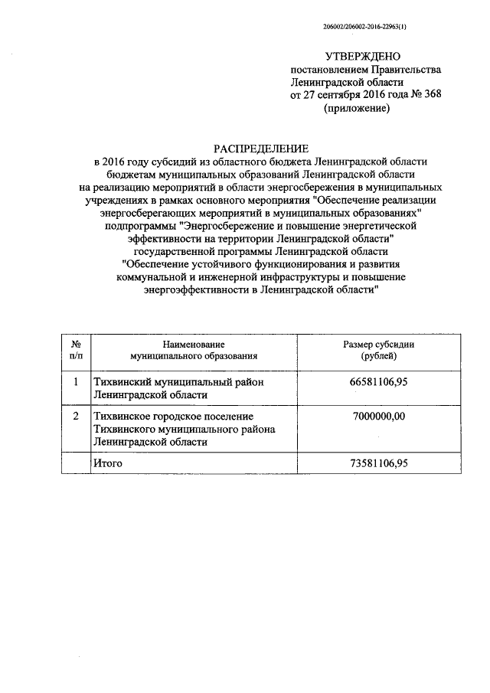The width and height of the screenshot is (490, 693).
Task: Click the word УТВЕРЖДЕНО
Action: (362, 57)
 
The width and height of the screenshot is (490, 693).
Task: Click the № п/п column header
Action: (77, 350)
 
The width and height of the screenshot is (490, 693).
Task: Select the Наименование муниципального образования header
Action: (194, 350)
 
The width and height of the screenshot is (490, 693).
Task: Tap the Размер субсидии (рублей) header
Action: (378, 350)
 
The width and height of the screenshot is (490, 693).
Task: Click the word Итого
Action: (107, 463)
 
